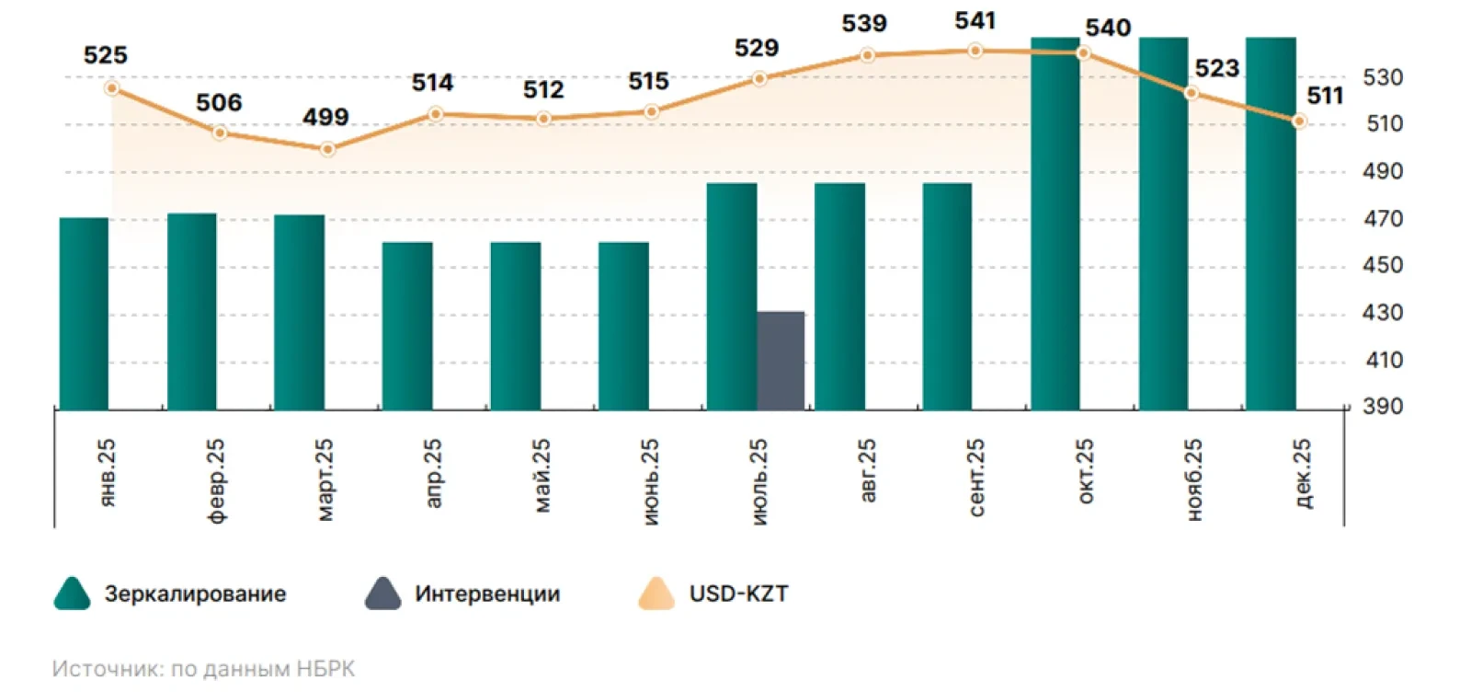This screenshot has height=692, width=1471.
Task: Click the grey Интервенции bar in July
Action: tap(781, 361)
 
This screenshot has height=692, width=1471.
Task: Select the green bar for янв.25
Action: tap(84, 314)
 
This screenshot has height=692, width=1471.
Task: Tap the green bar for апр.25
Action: tap(407, 326)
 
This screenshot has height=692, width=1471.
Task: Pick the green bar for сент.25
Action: tap(948, 296)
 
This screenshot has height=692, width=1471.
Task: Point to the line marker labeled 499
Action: tap(327, 148)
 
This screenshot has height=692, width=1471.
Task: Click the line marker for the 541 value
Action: tap(975, 51)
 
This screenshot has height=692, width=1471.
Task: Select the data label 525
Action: tap(105, 55)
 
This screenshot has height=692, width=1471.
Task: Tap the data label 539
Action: tap(864, 24)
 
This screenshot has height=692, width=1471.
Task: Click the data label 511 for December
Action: tap(1325, 96)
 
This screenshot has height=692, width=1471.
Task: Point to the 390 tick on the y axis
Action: tap(1382, 407)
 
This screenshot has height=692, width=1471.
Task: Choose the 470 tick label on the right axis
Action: tap(1382, 219)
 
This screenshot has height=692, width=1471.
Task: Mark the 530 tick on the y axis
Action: tap(1382, 78)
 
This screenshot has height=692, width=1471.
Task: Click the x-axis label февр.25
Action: tap(216, 480)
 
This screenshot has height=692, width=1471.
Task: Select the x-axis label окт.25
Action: tap(1085, 471)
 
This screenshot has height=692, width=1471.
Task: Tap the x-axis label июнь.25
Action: tap(649, 481)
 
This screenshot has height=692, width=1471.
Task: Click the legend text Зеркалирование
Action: tap(195, 594)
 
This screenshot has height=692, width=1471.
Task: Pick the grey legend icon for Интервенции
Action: tap(382, 594)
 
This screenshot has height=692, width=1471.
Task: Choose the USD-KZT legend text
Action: tap(738, 594)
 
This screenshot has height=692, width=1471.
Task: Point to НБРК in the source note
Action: tap(325, 669)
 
